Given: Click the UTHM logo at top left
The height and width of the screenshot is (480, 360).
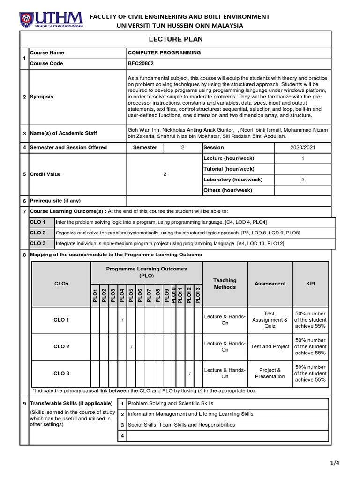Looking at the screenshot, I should click(x=51, y=19).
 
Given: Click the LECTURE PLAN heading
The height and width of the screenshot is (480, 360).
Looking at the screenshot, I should click(x=175, y=39).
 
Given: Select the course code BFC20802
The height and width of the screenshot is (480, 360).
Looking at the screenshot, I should click(x=141, y=63).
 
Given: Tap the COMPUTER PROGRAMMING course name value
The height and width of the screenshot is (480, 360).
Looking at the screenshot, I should click(x=164, y=53).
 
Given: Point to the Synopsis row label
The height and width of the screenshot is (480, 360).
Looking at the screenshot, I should click(x=42, y=97).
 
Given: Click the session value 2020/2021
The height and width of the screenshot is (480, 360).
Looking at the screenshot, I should click(x=303, y=147).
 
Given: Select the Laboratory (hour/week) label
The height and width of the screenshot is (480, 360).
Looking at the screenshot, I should click(x=232, y=180).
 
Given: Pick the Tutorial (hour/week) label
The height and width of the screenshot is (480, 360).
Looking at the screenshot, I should click(x=229, y=169).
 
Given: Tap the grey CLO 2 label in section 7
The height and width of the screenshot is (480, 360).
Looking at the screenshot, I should click(x=38, y=232).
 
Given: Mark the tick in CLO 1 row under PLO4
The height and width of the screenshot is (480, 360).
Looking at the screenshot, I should click(x=122, y=320).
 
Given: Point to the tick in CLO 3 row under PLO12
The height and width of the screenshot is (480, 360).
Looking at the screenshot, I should click(x=189, y=374).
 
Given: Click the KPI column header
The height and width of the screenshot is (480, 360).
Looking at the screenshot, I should click(x=310, y=284).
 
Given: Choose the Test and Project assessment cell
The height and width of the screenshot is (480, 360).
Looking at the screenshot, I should click(x=270, y=347).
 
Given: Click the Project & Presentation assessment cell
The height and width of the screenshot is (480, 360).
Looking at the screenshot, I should click(x=270, y=373).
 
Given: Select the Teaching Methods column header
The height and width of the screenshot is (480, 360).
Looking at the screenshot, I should click(x=225, y=284).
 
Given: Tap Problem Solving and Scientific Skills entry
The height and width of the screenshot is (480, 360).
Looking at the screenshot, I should click(x=171, y=403).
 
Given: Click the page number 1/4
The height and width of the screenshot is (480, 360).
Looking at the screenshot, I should click(x=334, y=463).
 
